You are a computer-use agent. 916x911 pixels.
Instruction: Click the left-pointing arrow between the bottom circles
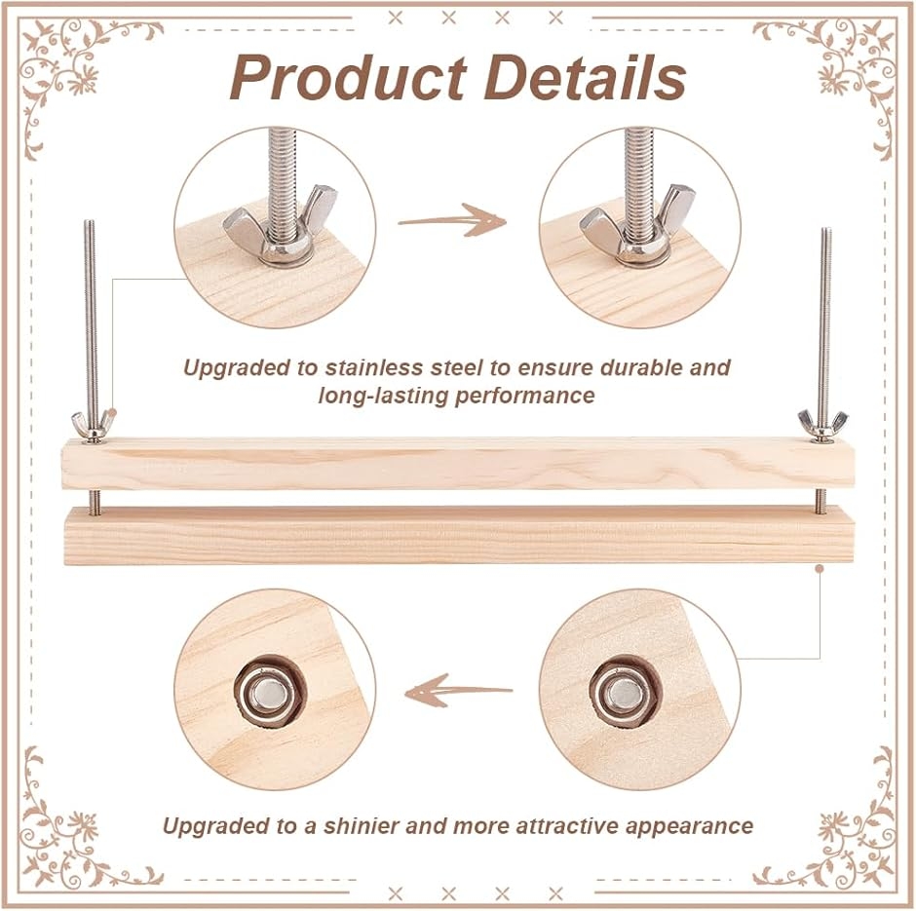(x=457, y=691)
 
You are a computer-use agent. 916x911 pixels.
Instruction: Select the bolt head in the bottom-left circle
(x=265, y=692)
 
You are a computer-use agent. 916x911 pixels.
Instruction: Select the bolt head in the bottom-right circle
(x=621, y=692)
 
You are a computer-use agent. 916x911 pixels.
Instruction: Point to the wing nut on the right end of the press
(x=821, y=422)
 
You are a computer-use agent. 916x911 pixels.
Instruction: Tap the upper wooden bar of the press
(x=458, y=464)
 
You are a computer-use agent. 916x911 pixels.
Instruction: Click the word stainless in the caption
(x=365, y=368)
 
